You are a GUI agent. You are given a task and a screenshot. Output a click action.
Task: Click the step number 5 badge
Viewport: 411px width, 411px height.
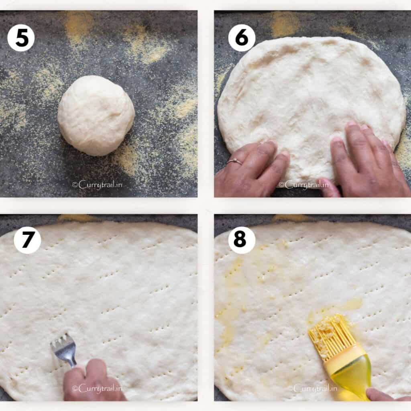(21, 38)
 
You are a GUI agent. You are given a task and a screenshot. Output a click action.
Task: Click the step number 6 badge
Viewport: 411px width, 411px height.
(242, 38)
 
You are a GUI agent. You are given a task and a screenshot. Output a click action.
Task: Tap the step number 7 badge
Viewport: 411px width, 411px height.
(27, 240)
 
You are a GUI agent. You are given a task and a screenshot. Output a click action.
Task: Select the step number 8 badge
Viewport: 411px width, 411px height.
(242, 240)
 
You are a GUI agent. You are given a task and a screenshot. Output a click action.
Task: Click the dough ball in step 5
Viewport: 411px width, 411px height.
(96, 115)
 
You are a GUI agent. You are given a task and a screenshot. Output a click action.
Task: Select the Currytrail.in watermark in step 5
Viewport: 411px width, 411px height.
(97, 185)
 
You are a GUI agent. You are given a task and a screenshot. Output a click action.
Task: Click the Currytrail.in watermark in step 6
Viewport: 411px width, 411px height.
(303, 185)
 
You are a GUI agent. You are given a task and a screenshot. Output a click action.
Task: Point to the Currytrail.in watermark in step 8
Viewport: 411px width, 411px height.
(315, 388)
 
